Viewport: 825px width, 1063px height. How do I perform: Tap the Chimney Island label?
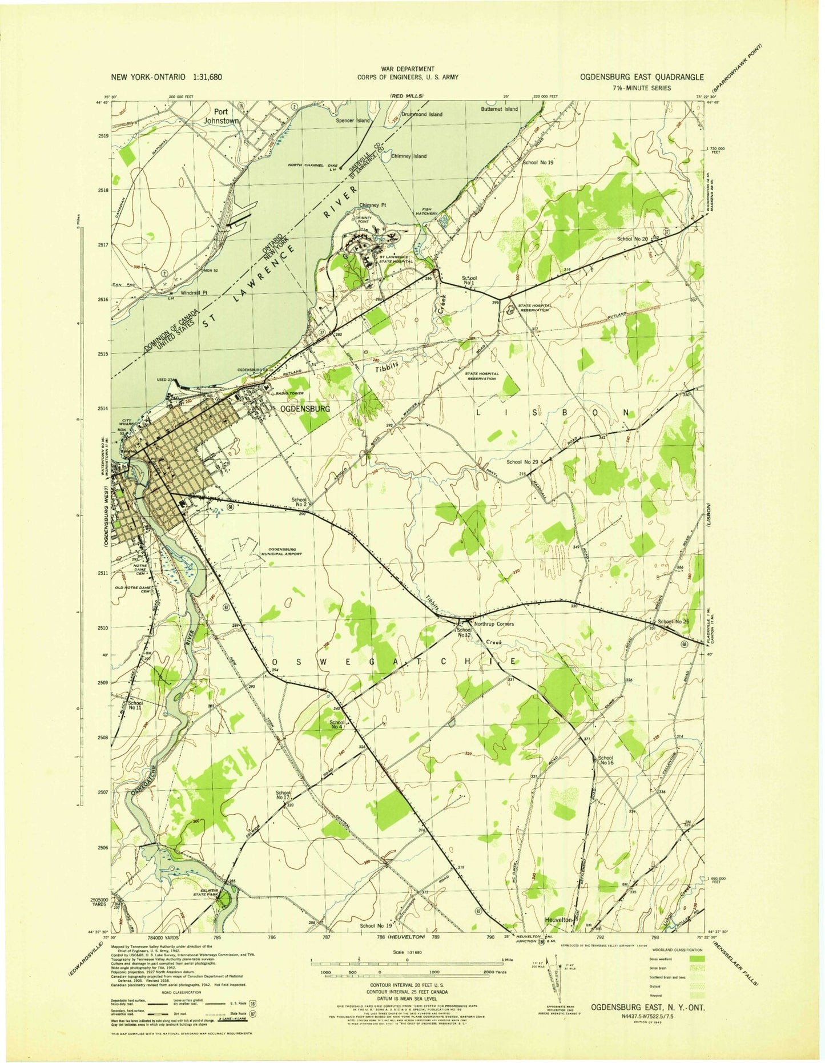pyautogui.click(x=409, y=156)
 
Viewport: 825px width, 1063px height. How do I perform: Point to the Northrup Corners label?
pyautogui.click(x=494, y=624)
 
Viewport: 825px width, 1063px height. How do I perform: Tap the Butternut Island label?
pyautogui.click(x=499, y=108)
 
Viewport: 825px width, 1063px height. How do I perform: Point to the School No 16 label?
pyautogui.click(x=606, y=760)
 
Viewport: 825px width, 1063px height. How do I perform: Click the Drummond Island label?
pyautogui.click(x=421, y=114)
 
